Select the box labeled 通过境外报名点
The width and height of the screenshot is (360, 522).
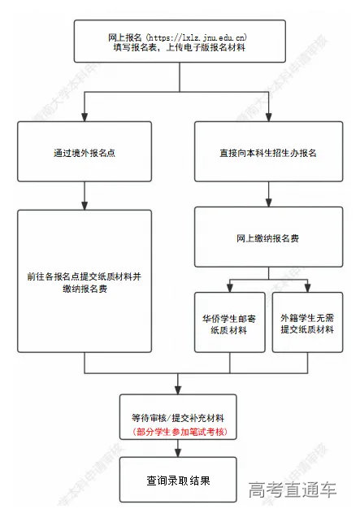pos(84,152)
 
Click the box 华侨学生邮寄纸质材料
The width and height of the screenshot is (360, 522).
pos(229,322)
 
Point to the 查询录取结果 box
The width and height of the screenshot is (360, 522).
pos(178,481)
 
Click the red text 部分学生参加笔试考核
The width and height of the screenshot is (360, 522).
pos(178,430)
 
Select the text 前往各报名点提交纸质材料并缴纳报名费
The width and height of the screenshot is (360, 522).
pos(84,281)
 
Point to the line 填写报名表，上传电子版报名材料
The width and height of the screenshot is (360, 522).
pos(178,49)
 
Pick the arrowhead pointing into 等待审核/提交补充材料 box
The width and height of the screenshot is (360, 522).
pos(178,389)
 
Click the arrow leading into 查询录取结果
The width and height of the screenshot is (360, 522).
pos(178,450)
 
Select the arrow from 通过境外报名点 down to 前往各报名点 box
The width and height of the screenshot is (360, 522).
pos(84,196)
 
